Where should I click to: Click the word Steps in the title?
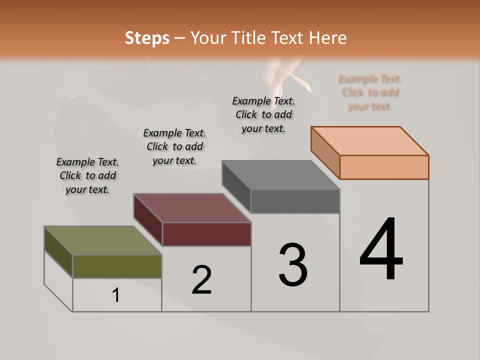[x=146, y=38]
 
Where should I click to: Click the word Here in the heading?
[x=327, y=38]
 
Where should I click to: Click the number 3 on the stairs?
[x=293, y=265]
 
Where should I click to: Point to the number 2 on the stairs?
[x=201, y=280]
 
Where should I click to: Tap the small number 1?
[x=116, y=295]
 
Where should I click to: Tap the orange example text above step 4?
[x=370, y=92]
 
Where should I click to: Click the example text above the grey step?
[x=263, y=114]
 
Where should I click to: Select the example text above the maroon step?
[x=174, y=146]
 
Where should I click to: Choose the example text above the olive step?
[x=87, y=175]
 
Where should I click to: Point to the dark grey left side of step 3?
[x=236, y=186]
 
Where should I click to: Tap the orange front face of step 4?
[x=384, y=167]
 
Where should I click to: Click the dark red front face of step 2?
[x=206, y=234]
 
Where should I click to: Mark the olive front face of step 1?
[x=117, y=266]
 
